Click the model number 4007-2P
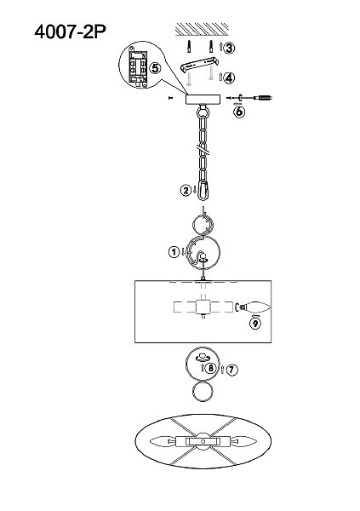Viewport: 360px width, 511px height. (70, 32)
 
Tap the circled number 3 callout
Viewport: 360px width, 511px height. (229, 48)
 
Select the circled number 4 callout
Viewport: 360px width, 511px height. (229, 78)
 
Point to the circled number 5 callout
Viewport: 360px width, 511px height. (155, 68)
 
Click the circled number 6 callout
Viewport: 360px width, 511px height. (239, 112)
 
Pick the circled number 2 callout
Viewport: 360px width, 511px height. (186, 190)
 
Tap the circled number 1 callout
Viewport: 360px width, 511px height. (174, 251)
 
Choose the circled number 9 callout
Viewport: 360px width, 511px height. (255, 324)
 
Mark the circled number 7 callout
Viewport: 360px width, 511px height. (232, 370)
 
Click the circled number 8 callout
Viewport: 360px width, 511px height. (211, 368)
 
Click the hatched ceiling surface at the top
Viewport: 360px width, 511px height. (202, 29)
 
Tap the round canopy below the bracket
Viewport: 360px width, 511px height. (203, 100)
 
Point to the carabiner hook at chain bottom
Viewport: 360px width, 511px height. (203, 191)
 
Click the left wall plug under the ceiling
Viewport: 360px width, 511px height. (189, 47)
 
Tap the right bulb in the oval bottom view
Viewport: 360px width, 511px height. (243, 441)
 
